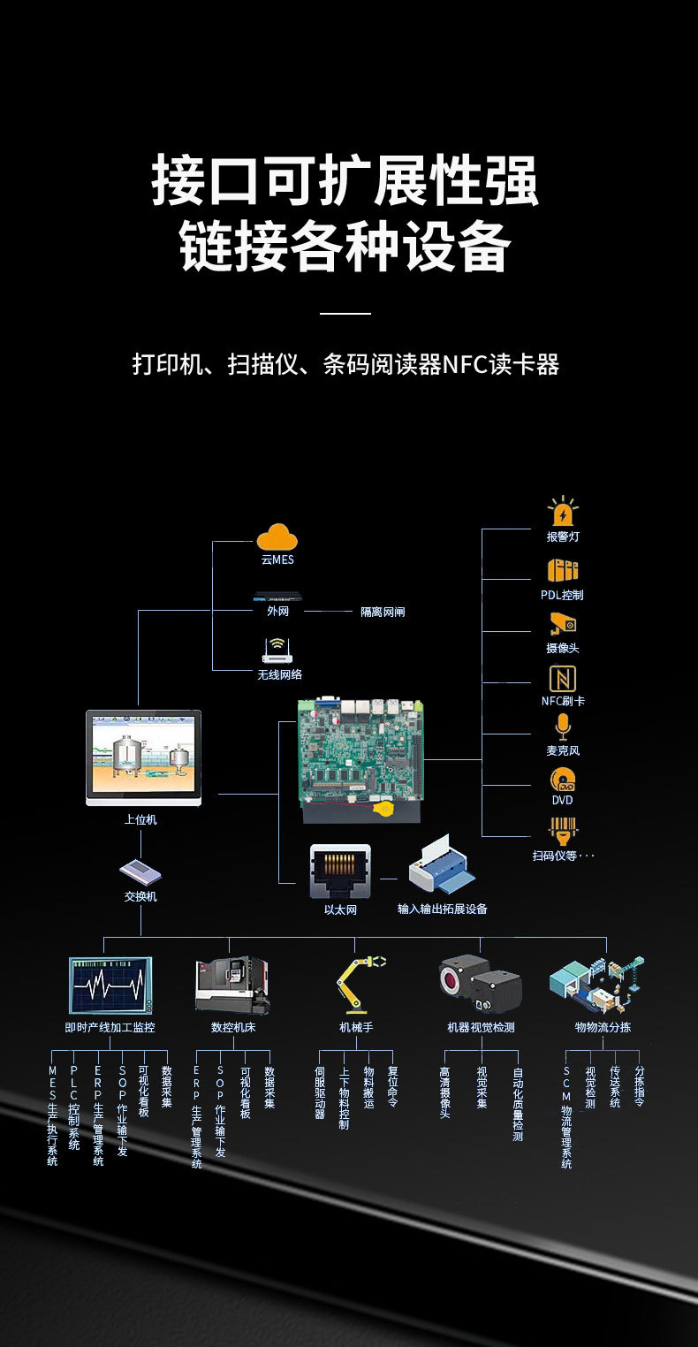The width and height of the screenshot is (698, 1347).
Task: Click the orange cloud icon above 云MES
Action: pyautogui.click(x=277, y=537)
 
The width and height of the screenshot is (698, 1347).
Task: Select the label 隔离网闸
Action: pyautogui.click(x=383, y=612)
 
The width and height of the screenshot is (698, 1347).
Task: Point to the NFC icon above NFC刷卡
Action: pyautogui.click(x=563, y=679)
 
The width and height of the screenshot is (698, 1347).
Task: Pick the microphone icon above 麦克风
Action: pyautogui.click(x=563, y=727)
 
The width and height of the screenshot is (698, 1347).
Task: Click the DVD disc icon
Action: pyautogui.click(x=563, y=779)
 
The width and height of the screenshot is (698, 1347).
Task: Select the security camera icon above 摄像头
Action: pyautogui.click(x=563, y=624)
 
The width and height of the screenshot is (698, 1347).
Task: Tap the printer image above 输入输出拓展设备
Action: pyautogui.click(x=443, y=871)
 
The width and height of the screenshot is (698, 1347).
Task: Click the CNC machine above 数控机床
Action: pyautogui.click(x=232, y=984)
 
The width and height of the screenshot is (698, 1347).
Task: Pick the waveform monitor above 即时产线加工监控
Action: pyautogui.click(x=111, y=985)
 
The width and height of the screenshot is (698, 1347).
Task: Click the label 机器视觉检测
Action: pyautogui.click(x=481, y=1028)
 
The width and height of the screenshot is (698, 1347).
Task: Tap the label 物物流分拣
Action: pyautogui.click(x=603, y=1028)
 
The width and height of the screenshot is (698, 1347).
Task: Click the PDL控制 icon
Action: pyautogui.click(x=563, y=570)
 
